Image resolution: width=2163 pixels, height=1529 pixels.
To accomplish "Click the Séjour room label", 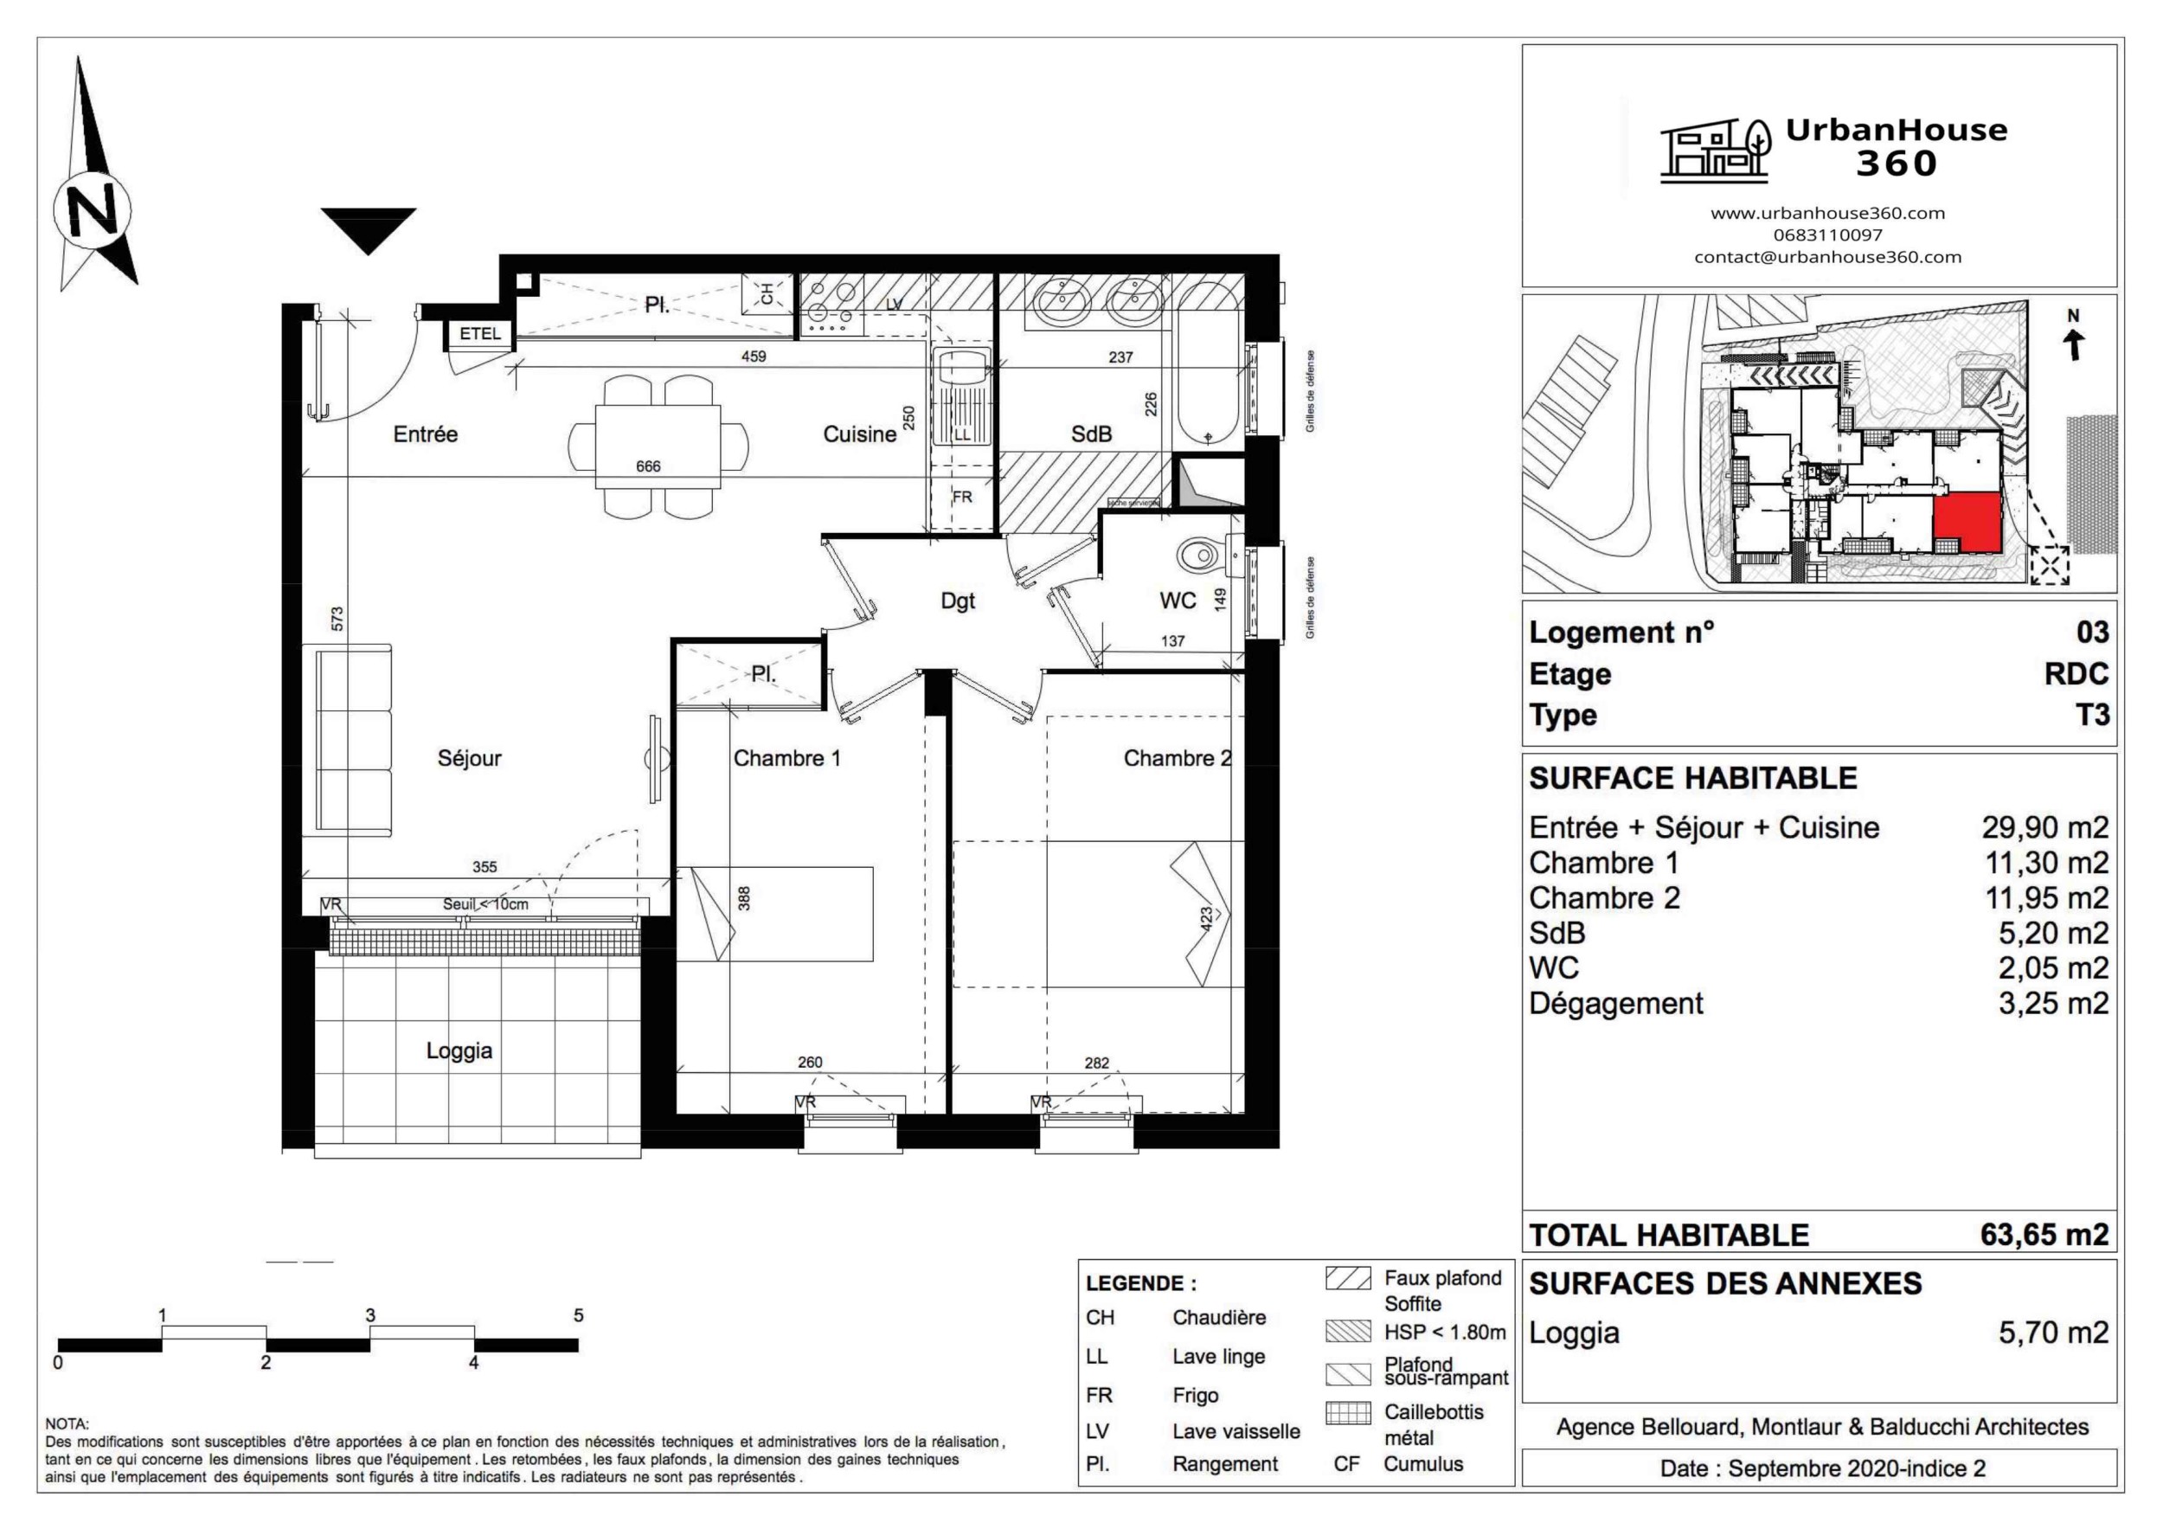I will click(x=469, y=758).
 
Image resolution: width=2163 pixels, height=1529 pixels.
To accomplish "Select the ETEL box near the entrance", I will click(x=480, y=333).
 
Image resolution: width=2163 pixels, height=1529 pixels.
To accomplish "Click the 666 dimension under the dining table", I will click(x=648, y=466).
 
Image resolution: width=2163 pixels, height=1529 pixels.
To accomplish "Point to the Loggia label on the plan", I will click(x=459, y=1050).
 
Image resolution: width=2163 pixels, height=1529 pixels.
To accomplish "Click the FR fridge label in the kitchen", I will click(x=962, y=497).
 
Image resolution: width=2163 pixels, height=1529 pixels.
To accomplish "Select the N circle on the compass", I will click(x=93, y=210).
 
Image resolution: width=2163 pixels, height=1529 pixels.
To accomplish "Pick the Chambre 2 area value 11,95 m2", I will click(x=2046, y=898).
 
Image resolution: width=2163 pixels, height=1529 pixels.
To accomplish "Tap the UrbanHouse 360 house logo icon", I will click(x=1715, y=151).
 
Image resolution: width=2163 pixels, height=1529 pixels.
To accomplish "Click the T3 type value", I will click(x=2092, y=715).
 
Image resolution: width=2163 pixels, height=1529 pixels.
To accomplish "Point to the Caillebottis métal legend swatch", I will click(x=1348, y=1414).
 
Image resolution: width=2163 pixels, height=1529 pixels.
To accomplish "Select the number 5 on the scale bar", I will click(x=579, y=1315).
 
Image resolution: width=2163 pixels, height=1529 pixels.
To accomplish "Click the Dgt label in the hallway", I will click(x=957, y=601).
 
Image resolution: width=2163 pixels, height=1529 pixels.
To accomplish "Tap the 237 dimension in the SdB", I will click(x=1120, y=357).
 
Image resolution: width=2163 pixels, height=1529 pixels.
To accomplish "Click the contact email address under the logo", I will click(x=1826, y=257).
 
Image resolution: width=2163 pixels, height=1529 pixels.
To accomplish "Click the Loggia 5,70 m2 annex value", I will click(x=2053, y=1332).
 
